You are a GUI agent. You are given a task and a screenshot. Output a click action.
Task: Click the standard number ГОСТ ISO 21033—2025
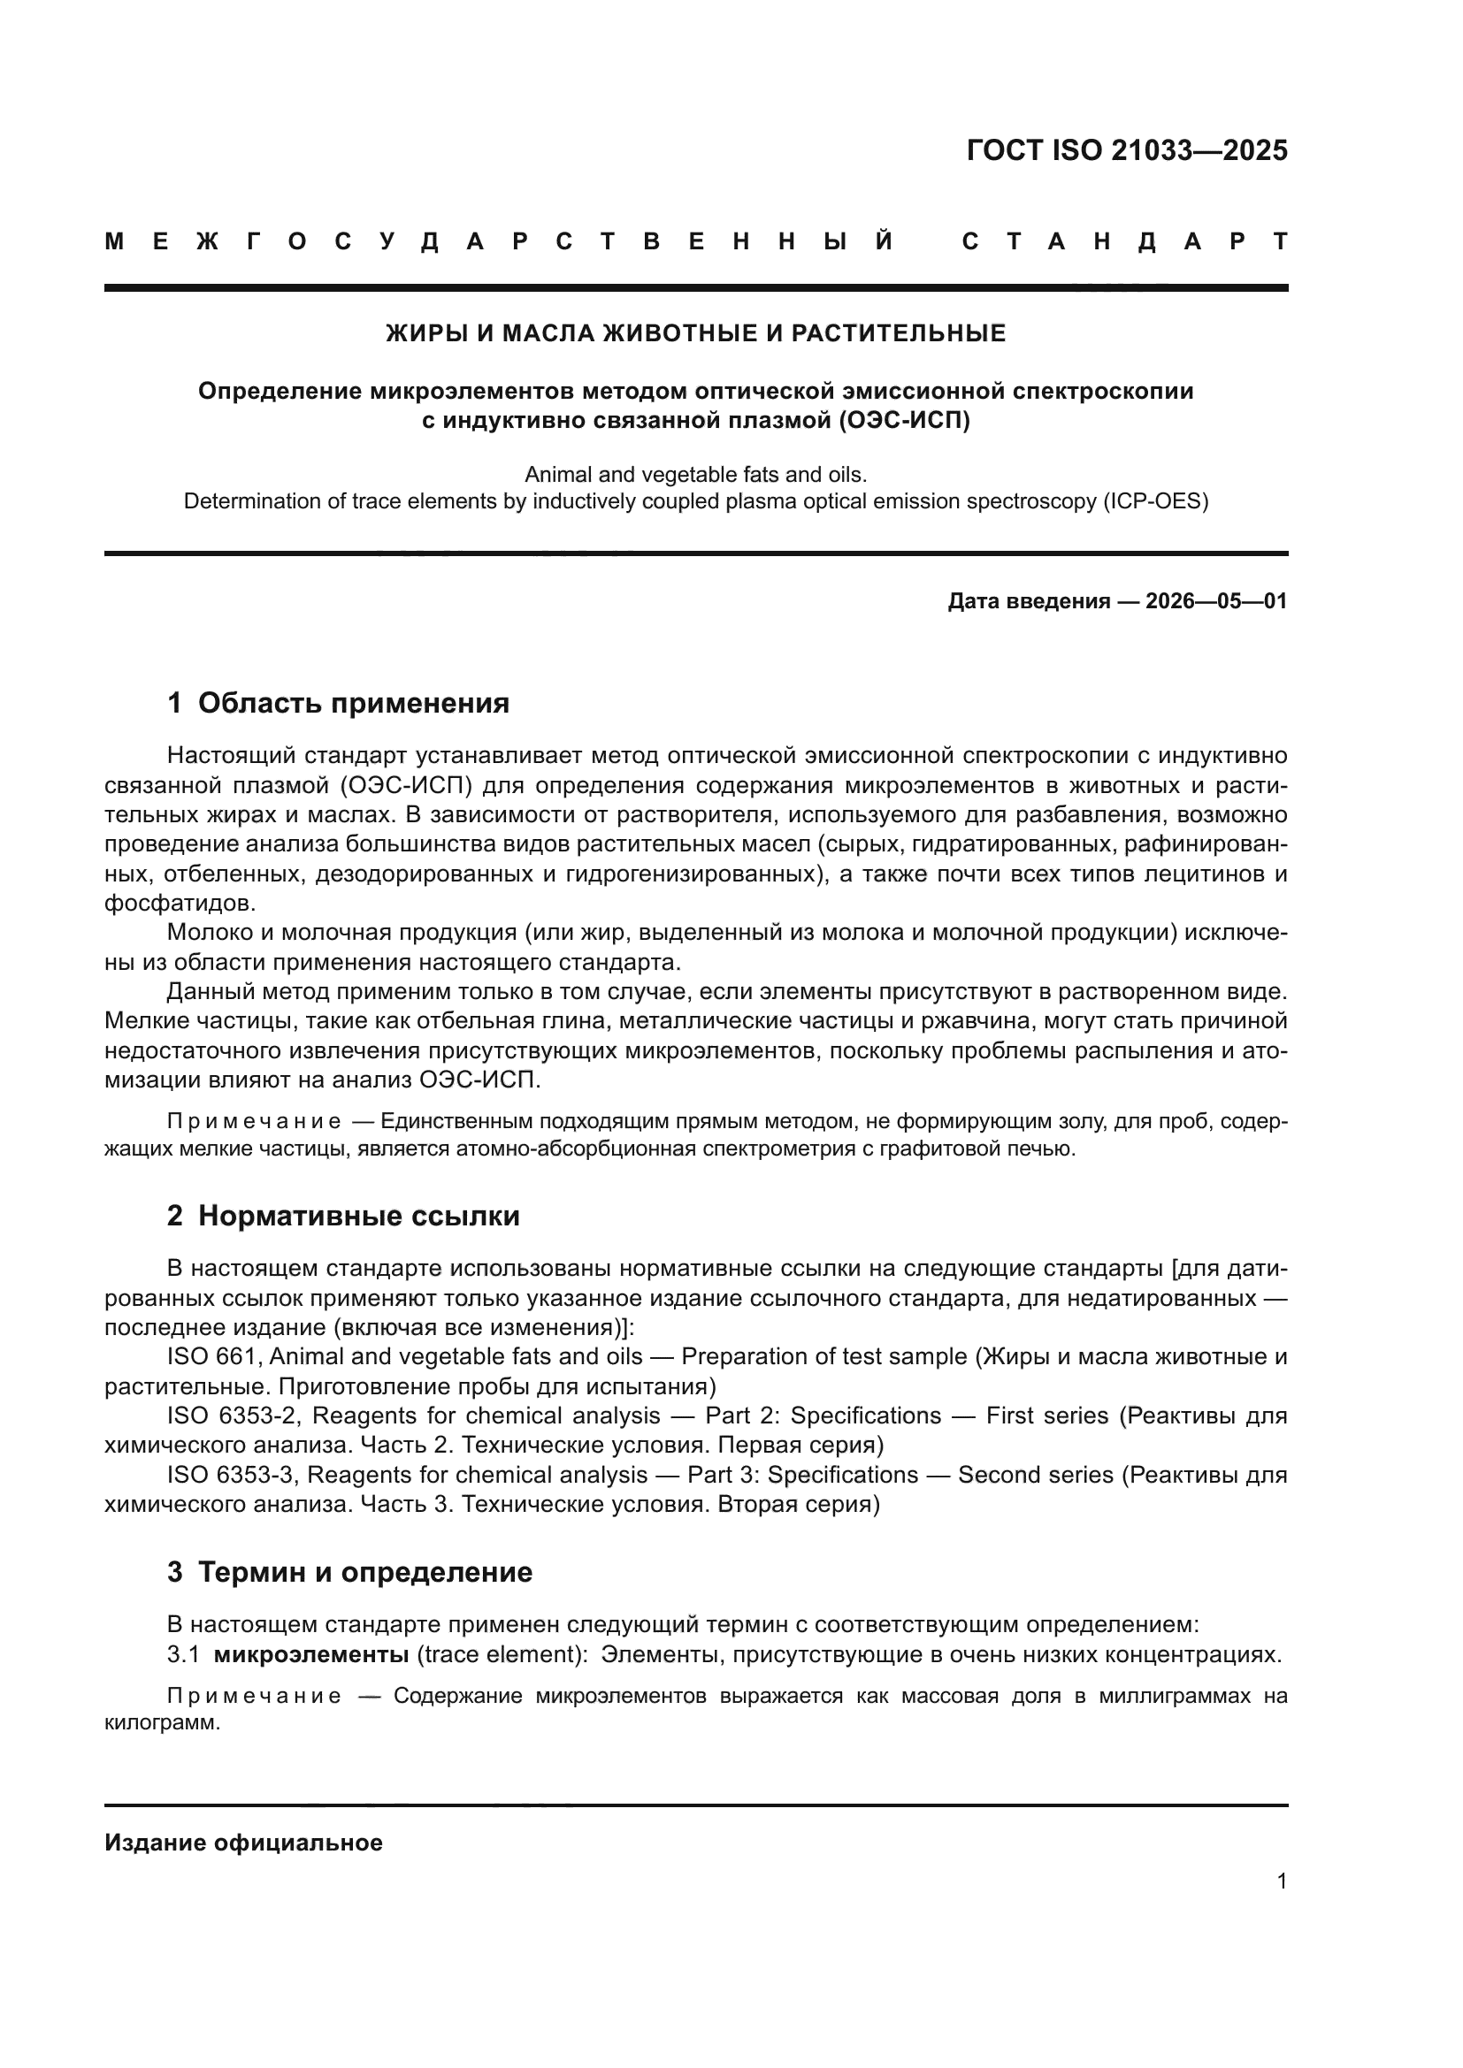coord(1126,150)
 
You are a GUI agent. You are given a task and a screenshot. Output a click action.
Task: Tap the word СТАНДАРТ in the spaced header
coord(1124,242)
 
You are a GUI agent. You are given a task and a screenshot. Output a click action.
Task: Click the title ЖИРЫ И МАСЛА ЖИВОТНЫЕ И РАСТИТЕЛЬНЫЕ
coord(695,334)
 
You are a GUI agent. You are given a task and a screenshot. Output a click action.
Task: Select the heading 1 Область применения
coord(338,703)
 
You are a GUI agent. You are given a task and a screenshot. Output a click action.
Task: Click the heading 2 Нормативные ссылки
coord(343,1216)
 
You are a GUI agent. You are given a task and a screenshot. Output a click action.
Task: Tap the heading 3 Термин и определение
coord(349,1573)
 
